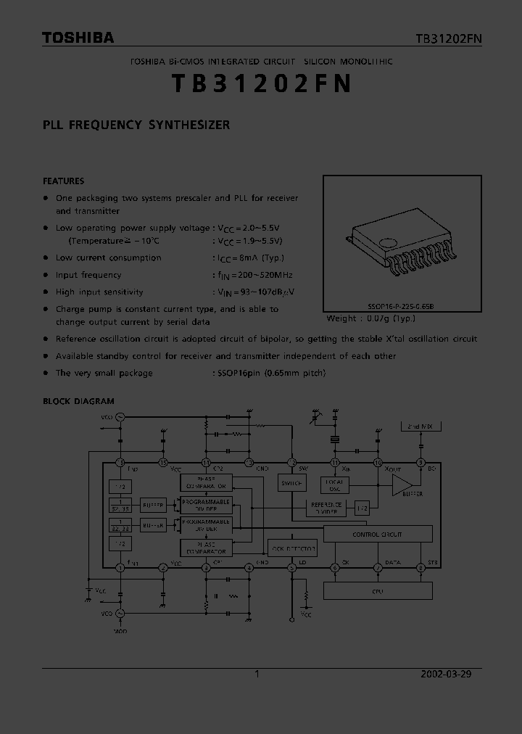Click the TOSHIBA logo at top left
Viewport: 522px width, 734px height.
(x=78, y=38)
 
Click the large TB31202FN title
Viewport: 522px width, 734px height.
(x=262, y=84)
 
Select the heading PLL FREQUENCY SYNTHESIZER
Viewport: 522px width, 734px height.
(x=136, y=125)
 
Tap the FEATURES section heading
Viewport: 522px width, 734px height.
(x=64, y=181)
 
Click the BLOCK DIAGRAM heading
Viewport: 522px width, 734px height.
(x=78, y=401)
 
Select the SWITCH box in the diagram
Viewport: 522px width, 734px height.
(x=292, y=484)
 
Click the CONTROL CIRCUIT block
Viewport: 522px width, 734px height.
(x=377, y=535)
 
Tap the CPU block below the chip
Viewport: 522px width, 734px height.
(x=377, y=591)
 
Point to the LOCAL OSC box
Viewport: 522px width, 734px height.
(x=335, y=484)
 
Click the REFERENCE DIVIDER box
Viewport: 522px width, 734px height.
(x=326, y=508)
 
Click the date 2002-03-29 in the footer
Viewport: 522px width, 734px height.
(x=446, y=674)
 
